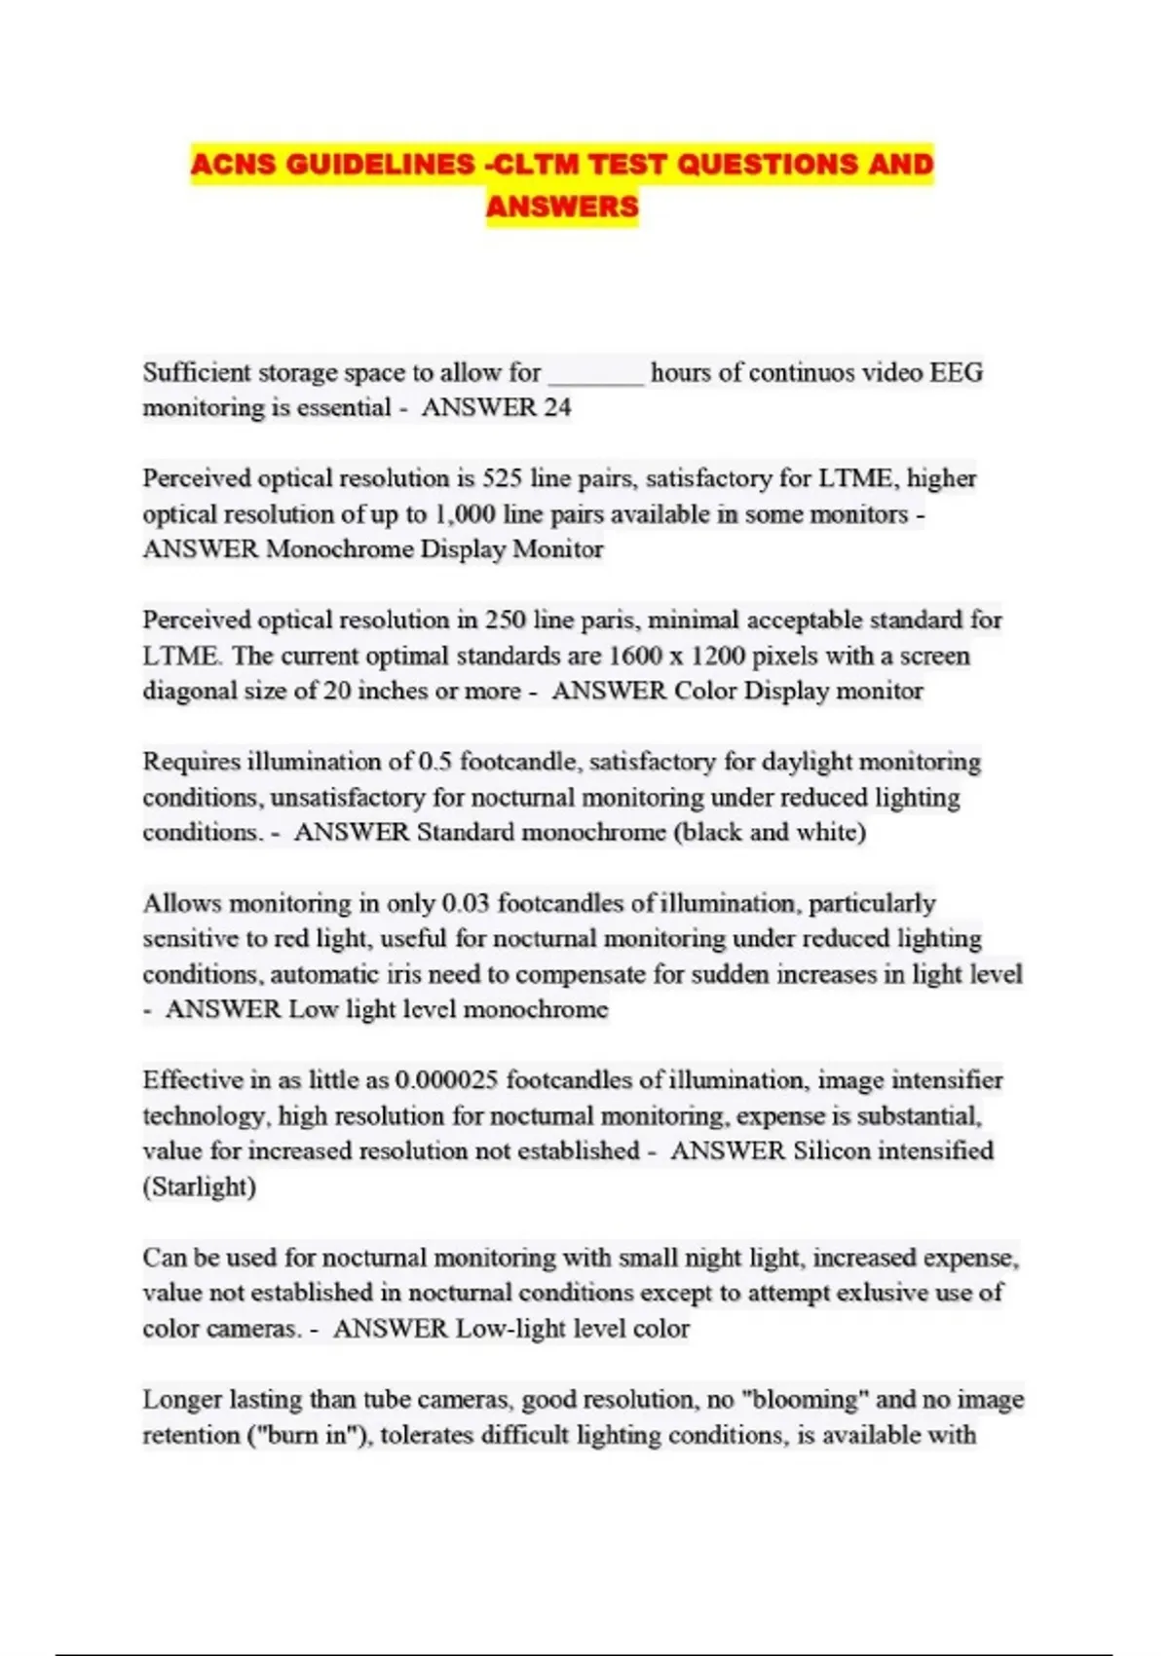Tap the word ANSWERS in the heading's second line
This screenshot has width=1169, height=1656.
(562, 207)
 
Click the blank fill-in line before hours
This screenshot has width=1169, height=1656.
(596, 374)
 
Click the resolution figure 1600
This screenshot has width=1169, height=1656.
(635, 656)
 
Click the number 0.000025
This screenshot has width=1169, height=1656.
(447, 1080)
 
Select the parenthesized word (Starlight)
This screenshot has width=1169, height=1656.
(200, 1186)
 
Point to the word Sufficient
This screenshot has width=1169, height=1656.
(199, 372)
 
